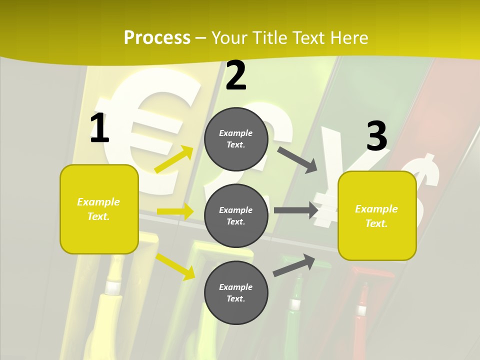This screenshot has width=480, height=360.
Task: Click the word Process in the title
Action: (x=157, y=38)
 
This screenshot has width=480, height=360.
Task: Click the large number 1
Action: (x=99, y=128)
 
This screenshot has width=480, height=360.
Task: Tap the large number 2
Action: (x=236, y=75)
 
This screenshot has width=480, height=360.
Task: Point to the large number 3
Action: (x=376, y=136)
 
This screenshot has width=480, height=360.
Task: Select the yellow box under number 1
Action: (x=99, y=209)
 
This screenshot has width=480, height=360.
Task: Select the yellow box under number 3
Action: (x=377, y=215)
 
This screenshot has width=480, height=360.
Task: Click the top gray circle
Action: (x=236, y=139)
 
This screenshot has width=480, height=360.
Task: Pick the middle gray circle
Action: (x=236, y=215)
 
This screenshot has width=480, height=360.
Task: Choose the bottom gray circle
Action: (x=236, y=292)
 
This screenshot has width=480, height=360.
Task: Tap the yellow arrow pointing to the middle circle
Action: (x=175, y=211)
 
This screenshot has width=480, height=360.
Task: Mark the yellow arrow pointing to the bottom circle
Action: (x=175, y=266)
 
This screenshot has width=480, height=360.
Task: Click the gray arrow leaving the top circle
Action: (x=297, y=159)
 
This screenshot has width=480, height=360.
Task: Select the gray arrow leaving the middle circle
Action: (x=296, y=210)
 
